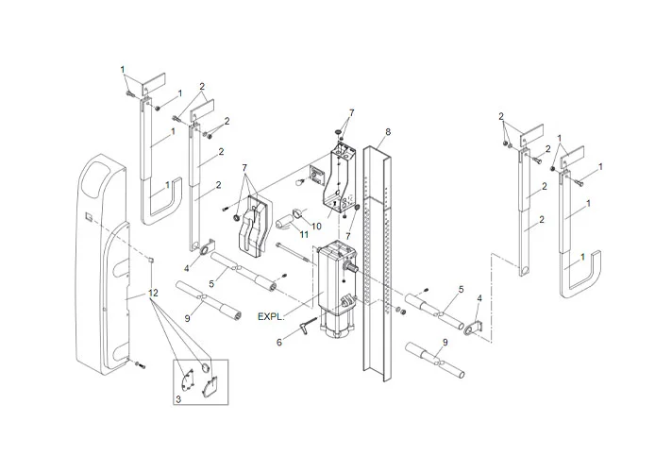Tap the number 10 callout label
click(316, 227)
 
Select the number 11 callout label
click(303, 233)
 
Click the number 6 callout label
click(278, 343)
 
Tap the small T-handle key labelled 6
click(305, 325)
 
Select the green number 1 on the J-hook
click(582, 257)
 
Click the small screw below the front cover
click(138, 363)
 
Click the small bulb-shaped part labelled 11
click(288, 221)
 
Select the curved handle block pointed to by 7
click(252, 228)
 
